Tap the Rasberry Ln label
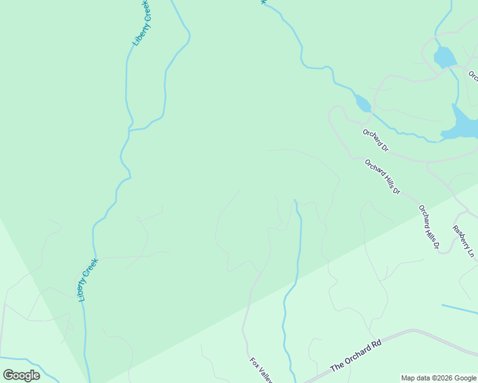point(463,241)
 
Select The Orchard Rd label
point(356,356)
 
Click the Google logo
point(21,375)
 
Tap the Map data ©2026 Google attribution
point(439,379)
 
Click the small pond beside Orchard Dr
point(362,103)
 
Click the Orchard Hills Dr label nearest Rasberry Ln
point(429,227)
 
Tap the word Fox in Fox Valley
point(254,362)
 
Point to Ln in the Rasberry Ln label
point(471,253)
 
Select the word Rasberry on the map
point(460,236)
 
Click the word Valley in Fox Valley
point(265,375)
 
